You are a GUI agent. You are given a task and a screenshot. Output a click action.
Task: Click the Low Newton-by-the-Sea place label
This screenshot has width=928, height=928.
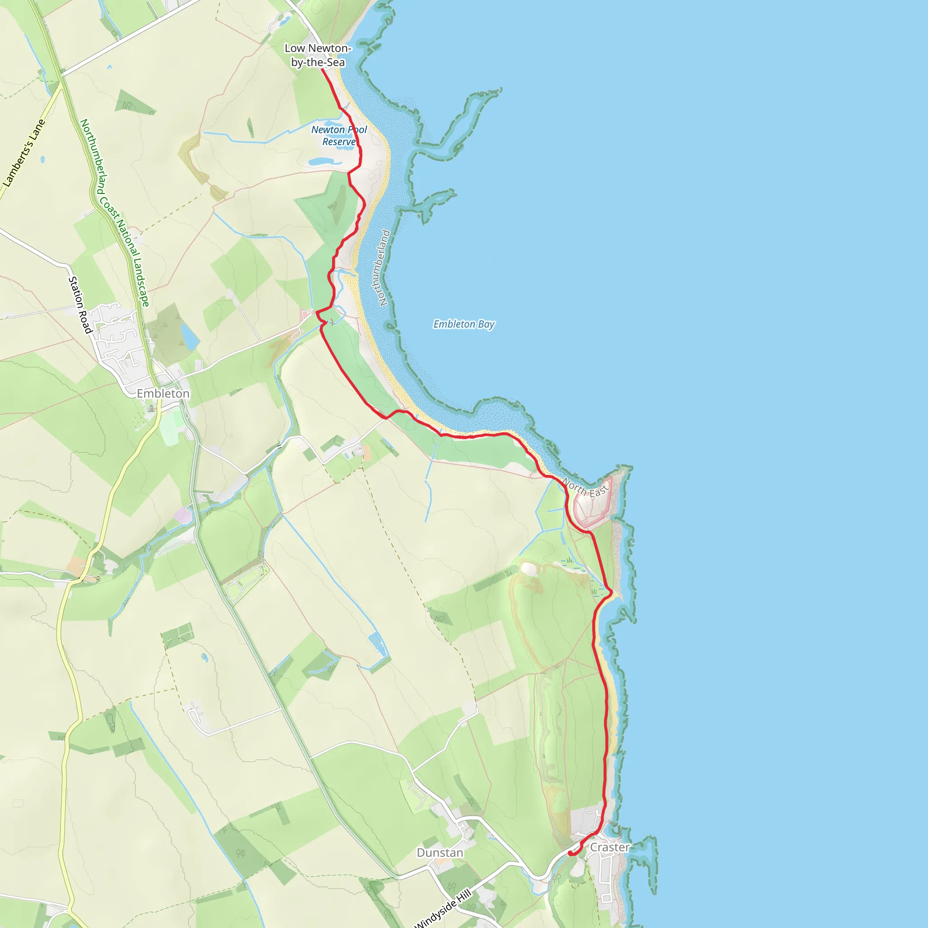click(318, 55)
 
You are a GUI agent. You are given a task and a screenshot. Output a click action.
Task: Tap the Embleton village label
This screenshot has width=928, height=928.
click(163, 394)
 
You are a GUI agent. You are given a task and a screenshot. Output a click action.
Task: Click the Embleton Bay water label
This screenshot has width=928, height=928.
click(464, 324)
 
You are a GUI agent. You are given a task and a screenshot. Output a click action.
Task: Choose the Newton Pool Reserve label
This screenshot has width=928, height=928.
click(339, 135)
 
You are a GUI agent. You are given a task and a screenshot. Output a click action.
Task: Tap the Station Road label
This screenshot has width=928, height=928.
click(80, 305)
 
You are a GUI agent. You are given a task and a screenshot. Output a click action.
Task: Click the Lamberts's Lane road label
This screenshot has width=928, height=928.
click(24, 152)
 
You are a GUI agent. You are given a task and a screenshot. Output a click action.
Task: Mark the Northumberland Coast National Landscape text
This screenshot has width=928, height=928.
click(114, 213)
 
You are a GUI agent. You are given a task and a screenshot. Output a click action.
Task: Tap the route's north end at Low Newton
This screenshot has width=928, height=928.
click(322, 70)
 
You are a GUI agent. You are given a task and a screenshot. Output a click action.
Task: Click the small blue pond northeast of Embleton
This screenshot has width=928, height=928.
click(190, 336)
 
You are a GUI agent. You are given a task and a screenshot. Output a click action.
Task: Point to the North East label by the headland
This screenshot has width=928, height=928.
click(585, 488)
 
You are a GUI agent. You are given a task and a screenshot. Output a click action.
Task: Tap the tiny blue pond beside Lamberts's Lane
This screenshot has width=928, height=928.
click(43, 159)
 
